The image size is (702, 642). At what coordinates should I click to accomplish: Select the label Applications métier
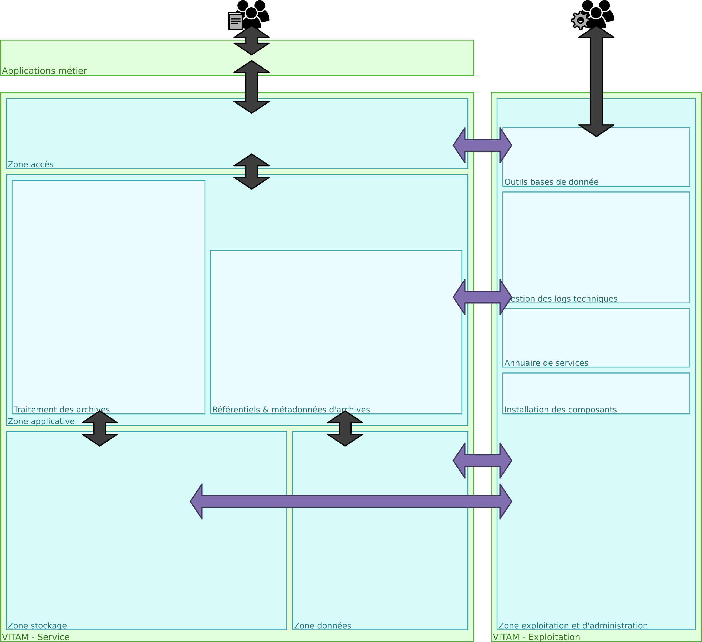pyautogui.click(x=44, y=71)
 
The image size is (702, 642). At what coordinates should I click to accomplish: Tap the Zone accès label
pyautogui.click(x=31, y=165)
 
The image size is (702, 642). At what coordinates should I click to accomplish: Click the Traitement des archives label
pyautogui.click(x=62, y=410)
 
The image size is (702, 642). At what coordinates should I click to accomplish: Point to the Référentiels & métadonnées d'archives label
pyautogui.click(x=291, y=410)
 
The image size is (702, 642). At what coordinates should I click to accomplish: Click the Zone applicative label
pyautogui.click(x=41, y=421)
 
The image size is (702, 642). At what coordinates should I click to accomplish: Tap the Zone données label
pyautogui.click(x=322, y=626)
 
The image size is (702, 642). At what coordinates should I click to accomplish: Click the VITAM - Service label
pyautogui.click(x=36, y=637)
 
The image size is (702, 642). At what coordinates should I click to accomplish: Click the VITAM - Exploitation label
pyautogui.click(x=536, y=637)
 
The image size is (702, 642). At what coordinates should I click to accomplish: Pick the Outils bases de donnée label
pyautogui.click(x=551, y=182)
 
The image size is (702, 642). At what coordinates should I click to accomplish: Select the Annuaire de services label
pyautogui.click(x=546, y=363)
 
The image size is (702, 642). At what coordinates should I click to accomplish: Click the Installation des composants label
pyautogui.click(x=560, y=410)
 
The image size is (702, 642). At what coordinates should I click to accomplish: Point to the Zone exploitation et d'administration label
pyautogui.click(x=573, y=626)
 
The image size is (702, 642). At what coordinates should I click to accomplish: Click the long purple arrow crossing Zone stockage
pyautogui.click(x=351, y=501)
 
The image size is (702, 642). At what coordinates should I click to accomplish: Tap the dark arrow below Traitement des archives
pyautogui.click(x=100, y=428)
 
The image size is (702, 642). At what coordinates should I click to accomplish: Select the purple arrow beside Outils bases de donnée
pyautogui.click(x=482, y=145)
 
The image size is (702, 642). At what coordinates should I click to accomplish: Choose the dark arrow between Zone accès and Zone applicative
pyautogui.click(x=251, y=172)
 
